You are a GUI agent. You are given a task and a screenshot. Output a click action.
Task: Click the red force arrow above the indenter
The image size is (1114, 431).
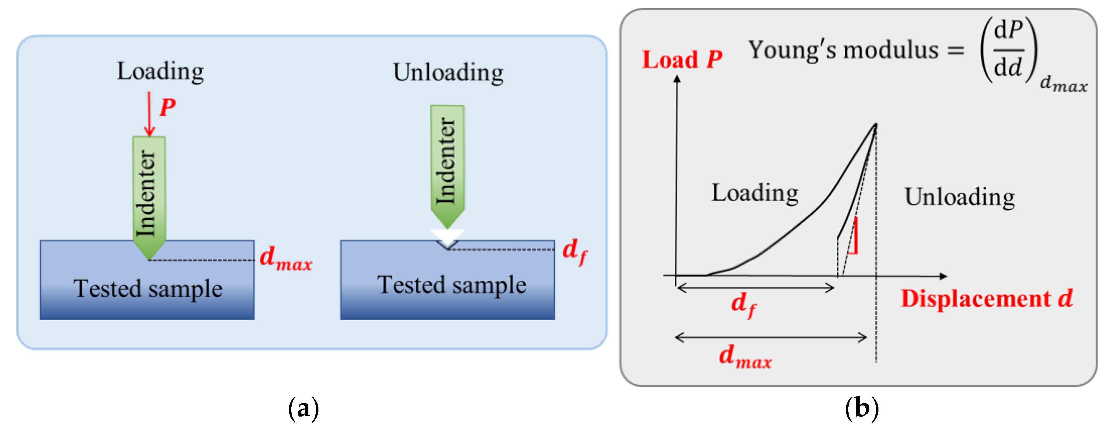(149, 114)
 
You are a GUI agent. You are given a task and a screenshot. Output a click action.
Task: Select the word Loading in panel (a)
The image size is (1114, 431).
(160, 71)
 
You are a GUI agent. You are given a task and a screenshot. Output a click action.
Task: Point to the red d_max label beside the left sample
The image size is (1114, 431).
(286, 258)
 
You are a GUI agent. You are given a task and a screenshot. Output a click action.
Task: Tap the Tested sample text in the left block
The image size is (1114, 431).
(148, 289)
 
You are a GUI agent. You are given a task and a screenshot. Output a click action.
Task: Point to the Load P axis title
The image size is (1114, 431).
(681, 59)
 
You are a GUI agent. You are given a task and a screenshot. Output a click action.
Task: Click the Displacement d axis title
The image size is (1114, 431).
(986, 299)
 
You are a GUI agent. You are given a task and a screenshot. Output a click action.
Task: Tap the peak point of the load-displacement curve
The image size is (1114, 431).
(876, 125)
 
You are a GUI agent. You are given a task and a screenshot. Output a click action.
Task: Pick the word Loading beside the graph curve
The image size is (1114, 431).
(755, 193)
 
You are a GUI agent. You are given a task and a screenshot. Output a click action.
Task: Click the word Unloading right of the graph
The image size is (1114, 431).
(960, 197)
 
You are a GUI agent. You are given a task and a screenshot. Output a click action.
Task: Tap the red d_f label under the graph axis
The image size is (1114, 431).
(743, 304)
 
